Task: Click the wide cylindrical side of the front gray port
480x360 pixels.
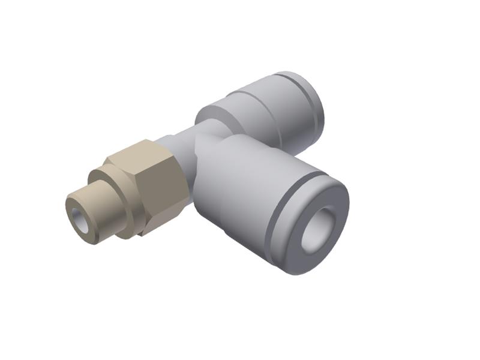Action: tap(240, 192)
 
